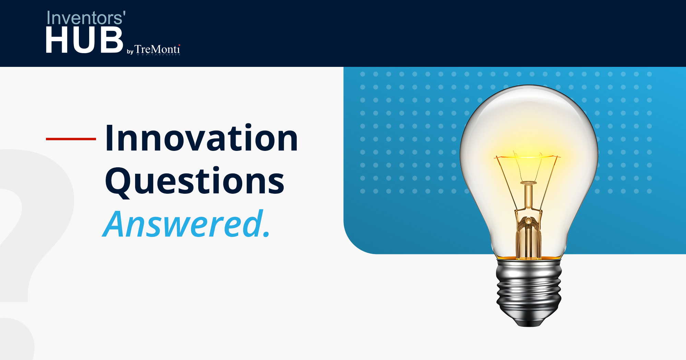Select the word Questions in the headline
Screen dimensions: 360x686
pyautogui.click(x=194, y=181)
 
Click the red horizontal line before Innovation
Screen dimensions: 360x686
pyautogui.click(x=71, y=139)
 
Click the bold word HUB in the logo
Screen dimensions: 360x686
pyautogui.click(x=84, y=40)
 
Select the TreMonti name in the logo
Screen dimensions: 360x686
pyautogui.click(x=157, y=49)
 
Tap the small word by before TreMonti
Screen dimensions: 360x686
pyautogui.click(x=130, y=52)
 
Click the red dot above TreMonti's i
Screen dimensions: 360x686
pyautogui.click(x=179, y=45)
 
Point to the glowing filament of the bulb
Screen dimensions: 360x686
pyautogui.click(x=528, y=157)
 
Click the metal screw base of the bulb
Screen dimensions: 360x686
pyautogui.click(x=529, y=285)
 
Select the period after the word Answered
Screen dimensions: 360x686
pyautogui.click(x=266, y=235)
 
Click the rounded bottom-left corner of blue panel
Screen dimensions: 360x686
pyautogui.click(x=353, y=245)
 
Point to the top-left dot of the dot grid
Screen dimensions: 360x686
pyautogui.click(x=363, y=74)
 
